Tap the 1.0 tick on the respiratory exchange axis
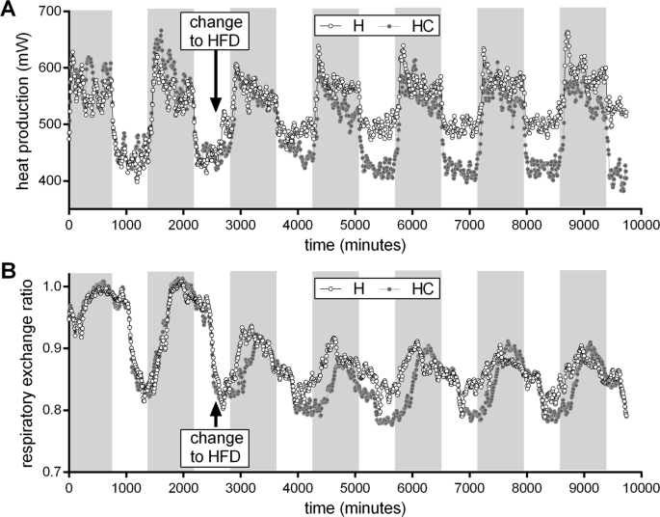coord(49,286)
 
